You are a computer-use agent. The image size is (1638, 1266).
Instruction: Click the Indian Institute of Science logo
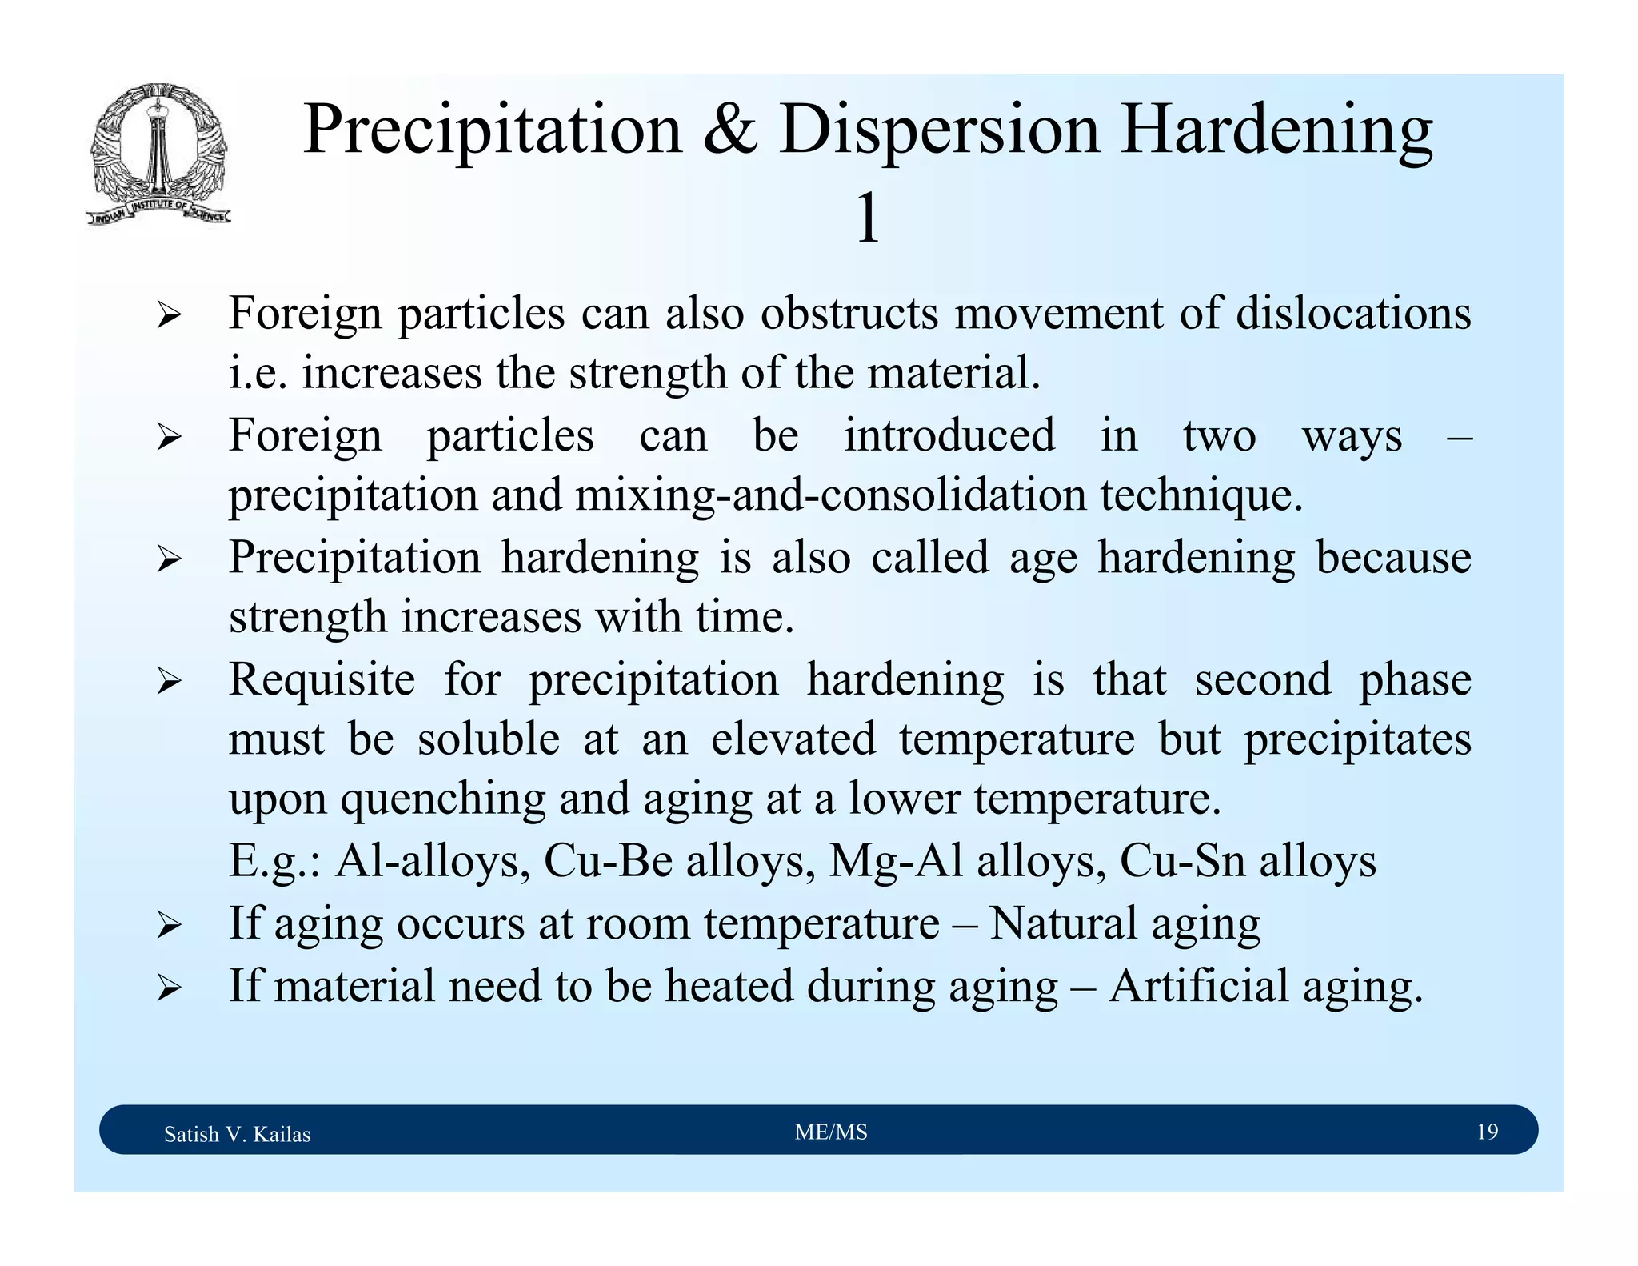[158, 154]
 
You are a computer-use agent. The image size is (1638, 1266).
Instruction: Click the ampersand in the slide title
[729, 130]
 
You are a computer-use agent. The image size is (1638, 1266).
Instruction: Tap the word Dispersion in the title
[939, 130]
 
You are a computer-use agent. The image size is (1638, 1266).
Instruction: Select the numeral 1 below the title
[868, 218]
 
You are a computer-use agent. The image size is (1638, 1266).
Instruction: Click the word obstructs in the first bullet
[849, 313]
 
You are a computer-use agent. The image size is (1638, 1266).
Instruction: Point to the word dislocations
[1353, 313]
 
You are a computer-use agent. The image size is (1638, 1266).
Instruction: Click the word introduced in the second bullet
[949, 435]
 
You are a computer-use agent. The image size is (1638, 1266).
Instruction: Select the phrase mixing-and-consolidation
[830, 495]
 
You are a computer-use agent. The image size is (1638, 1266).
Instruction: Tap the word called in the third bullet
[930, 557]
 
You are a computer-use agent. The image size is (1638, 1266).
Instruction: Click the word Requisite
[322, 679]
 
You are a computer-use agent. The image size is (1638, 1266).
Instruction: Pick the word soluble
[489, 739]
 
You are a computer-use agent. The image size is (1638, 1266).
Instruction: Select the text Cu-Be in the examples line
[608, 861]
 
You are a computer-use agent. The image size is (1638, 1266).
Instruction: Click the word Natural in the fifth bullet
[1064, 923]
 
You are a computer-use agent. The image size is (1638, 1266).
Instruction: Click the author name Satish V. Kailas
[237, 1134]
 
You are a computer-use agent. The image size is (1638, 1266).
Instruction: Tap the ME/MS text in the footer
[831, 1132]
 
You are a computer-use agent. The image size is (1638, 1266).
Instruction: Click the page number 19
[1487, 1132]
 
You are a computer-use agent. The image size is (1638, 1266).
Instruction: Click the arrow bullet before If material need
[169, 989]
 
